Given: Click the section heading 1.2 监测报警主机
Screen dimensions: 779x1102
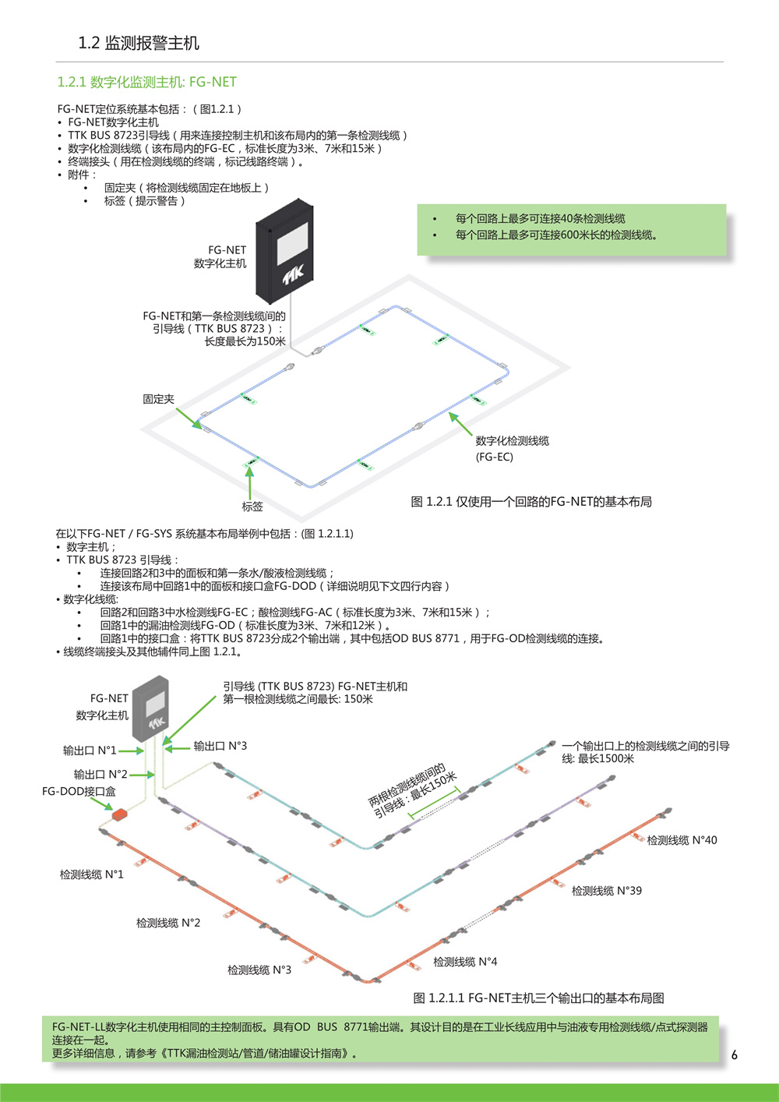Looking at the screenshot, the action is click(139, 44).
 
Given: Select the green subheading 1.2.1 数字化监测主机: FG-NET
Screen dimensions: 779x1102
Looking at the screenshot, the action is click(147, 82).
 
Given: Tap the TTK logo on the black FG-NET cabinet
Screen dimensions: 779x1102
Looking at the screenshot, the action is click(293, 274).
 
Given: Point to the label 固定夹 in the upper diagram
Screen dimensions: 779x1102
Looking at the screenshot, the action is click(158, 399).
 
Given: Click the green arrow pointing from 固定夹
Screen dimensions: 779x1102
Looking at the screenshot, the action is click(189, 418).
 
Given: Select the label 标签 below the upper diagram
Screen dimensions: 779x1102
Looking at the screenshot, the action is click(252, 507).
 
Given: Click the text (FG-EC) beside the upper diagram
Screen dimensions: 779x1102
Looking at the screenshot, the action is click(494, 457).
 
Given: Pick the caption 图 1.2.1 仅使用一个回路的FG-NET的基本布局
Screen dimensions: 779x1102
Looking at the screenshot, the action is click(531, 502).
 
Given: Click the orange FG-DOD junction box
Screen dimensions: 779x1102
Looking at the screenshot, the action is click(119, 814).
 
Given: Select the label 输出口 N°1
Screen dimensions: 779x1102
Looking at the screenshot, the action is click(90, 751).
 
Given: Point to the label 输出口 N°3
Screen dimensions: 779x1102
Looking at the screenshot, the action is click(220, 746).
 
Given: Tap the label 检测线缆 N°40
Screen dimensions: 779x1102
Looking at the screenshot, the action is click(682, 840).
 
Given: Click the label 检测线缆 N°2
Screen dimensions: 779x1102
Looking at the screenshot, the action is click(168, 923).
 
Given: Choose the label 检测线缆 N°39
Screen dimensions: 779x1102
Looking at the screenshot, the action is click(606, 891).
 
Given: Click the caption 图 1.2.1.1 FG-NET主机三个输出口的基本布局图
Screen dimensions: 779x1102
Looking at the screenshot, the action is click(538, 998).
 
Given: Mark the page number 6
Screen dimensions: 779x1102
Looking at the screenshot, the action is click(735, 1054).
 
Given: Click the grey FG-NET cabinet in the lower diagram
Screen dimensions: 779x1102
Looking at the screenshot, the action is click(150, 708).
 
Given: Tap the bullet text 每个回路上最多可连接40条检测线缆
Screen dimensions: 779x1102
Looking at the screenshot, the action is click(540, 219).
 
